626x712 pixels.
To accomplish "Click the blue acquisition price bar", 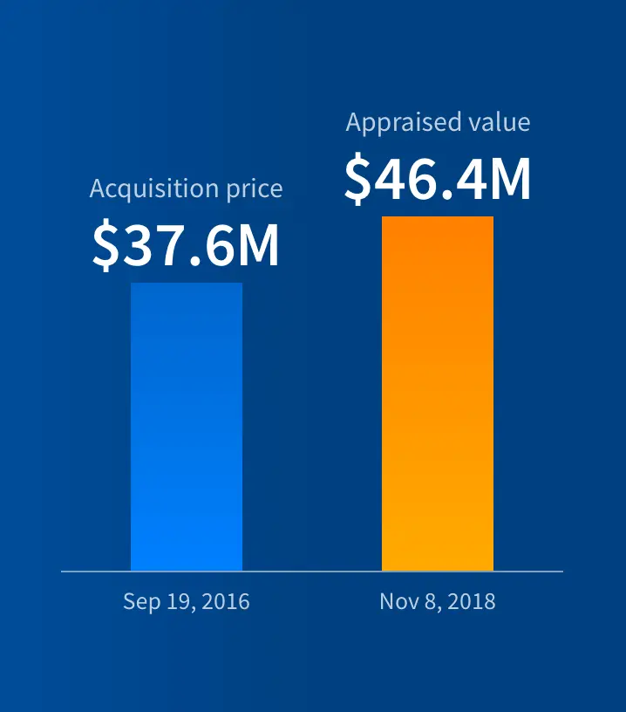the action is pos(187,427).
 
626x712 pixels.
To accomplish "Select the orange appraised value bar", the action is pos(438,394).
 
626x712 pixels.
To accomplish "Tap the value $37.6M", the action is pos(186,244).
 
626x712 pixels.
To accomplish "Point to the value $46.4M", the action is pos(438,178).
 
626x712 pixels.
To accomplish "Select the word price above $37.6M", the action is pos(255,188).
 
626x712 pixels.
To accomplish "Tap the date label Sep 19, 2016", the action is pos(187,601).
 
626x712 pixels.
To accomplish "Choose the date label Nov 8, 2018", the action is pos(438,601).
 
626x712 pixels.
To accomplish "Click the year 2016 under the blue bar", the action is pos(226,601).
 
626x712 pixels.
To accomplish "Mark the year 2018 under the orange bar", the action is pos(472,601).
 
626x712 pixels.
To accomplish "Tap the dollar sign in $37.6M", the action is pos(106,245).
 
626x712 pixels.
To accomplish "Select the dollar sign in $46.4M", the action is pos(358,179).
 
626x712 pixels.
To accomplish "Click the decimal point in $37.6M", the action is pos(195,260).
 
